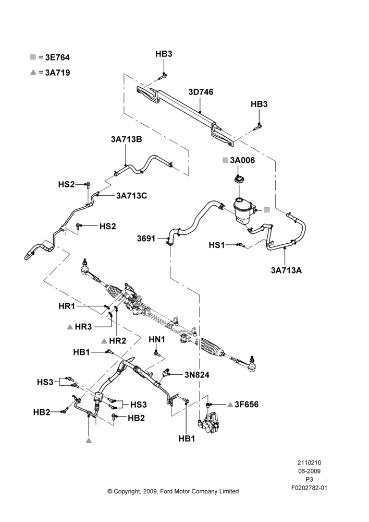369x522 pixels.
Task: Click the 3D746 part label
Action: [x=201, y=92]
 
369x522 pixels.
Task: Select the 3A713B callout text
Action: [x=126, y=139]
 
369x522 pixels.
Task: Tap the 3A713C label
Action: [x=132, y=196]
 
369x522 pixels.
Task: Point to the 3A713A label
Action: [x=286, y=270]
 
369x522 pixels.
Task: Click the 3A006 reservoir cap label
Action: [x=242, y=160]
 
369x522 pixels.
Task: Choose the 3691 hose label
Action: [x=146, y=239]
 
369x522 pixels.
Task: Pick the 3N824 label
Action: [x=197, y=375]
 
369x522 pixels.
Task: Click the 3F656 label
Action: [x=247, y=405]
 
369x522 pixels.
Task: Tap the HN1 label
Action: [x=157, y=339]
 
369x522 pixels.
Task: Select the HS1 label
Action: [x=217, y=245]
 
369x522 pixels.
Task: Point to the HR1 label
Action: [x=67, y=306]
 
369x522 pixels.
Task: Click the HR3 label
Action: [x=83, y=327]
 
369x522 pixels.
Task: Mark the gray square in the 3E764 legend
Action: [x=33, y=57]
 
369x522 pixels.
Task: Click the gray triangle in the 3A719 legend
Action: [x=33, y=72]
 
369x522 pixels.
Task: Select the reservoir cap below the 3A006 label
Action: [x=238, y=179]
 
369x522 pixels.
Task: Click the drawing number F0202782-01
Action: [x=309, y=488]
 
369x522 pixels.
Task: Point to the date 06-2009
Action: [x=309, y=471]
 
